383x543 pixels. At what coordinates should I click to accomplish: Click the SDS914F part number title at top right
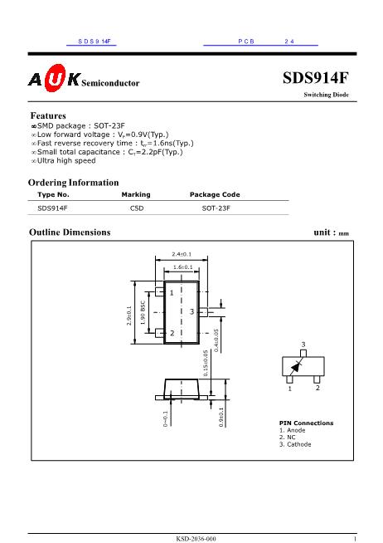(316, 77)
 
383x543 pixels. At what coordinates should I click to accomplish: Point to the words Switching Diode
(327, 95)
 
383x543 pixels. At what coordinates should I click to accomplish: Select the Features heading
(48, 115)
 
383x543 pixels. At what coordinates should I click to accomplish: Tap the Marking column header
(136, 194)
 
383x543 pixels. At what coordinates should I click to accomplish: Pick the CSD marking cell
(137, 208)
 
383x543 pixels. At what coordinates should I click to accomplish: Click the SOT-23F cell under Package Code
(216, 208)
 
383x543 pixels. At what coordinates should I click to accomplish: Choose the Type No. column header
(53, 194)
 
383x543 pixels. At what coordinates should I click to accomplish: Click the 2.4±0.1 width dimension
(182, 254)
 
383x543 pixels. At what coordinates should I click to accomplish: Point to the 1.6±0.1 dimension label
(183, 267)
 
